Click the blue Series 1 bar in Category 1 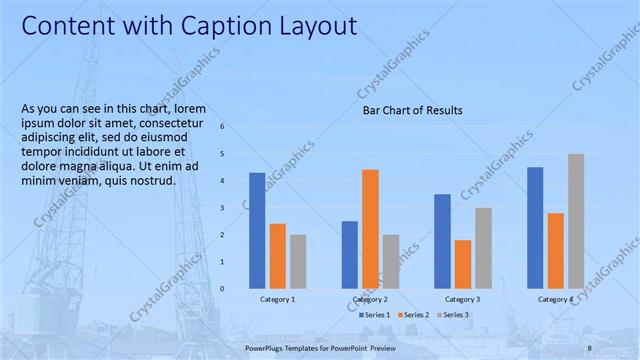[257, 230]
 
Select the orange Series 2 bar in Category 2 [370, 228]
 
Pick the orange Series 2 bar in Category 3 [463, 263]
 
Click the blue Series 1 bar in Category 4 [535, 227]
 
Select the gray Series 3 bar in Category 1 [298, 261]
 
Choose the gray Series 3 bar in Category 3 [483, 247]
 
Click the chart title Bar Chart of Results [412, 111]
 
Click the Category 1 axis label [278, 299]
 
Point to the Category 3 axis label [462, 299]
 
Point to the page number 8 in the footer [589, 347]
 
